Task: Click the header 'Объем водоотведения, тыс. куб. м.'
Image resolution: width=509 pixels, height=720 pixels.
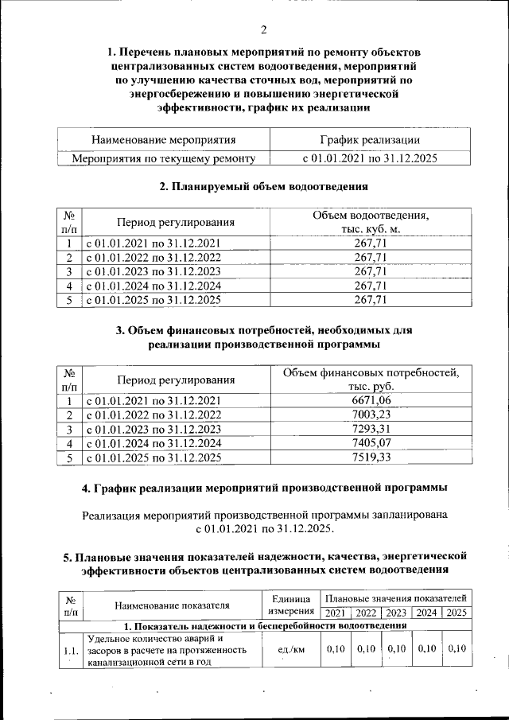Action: (370, 222)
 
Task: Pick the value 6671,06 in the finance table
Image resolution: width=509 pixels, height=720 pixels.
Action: (371, 400)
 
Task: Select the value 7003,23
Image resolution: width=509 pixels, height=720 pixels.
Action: (371, 415)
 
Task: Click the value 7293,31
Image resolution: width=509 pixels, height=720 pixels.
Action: (371, 430)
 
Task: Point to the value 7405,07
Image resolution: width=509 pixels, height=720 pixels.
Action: (371, 444)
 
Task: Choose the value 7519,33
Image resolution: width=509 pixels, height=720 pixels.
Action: (371, 458)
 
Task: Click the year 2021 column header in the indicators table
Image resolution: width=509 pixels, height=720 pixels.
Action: (334, 613)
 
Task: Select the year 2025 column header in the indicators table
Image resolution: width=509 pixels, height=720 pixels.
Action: (457, 613)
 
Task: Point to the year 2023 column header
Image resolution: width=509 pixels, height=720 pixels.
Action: (395, 613)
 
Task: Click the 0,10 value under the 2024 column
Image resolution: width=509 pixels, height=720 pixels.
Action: (426, 649)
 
